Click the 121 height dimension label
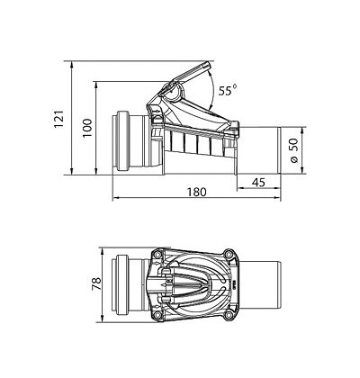tap(59, 119)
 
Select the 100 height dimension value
tap(87, 128)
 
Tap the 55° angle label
tap(227, 90)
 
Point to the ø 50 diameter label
tap(294, 150)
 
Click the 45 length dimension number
tap(258, 182)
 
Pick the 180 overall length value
tap(197, 192)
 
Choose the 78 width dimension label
tap(96, 283)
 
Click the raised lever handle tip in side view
tap(207, 65)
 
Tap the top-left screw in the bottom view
tap(158, 255)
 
